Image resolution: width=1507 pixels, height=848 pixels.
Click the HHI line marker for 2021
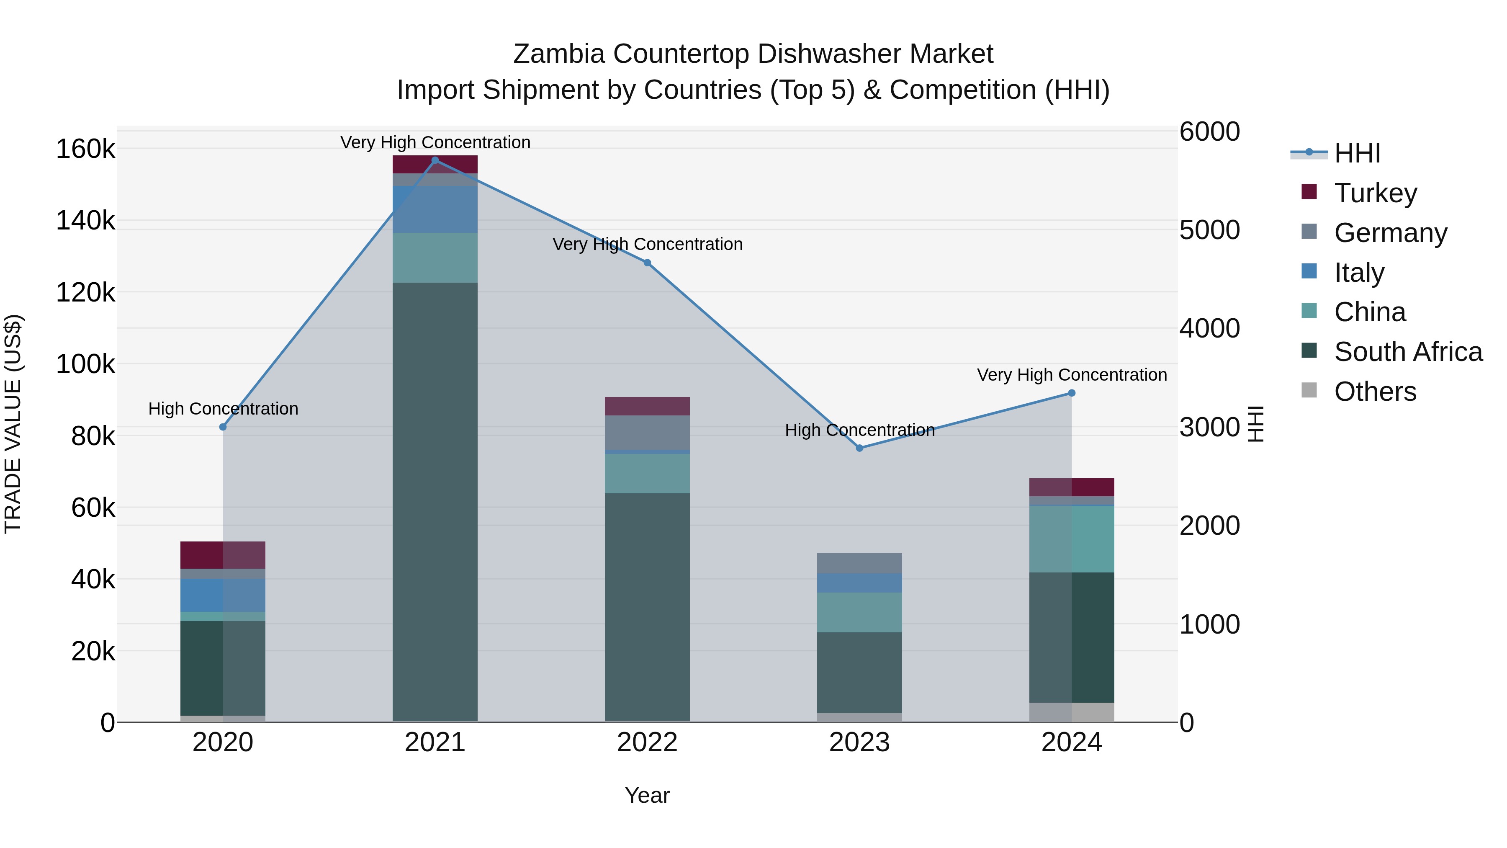click(435, 160)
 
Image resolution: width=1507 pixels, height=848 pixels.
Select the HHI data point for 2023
click(859, 448)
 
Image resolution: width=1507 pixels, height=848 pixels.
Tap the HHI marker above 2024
click(1072, 393)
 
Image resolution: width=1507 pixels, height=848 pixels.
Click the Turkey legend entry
click(1376, 193)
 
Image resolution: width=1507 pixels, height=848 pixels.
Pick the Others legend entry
click(1375, 392)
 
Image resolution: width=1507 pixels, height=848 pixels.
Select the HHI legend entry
click(1357, 153)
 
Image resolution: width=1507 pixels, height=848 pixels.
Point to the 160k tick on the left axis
click(85, 149)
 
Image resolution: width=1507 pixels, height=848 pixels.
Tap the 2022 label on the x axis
click(647, 742)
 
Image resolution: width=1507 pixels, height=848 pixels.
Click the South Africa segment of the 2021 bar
click(435, 497)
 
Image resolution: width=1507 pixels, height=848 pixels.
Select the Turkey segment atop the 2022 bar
click(647, 406)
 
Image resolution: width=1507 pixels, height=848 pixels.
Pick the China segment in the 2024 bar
click(1072, 539)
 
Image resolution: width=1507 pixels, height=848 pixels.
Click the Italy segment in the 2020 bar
click(222, 595)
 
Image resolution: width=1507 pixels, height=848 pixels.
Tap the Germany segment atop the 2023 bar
click(859, 563)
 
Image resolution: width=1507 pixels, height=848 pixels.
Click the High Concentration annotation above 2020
click(223, 408)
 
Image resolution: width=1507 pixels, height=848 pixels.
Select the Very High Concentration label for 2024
click(1072, 374)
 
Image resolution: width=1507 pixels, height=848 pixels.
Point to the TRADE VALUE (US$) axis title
click(13, 424)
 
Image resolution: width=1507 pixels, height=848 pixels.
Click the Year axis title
click(647, 795)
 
